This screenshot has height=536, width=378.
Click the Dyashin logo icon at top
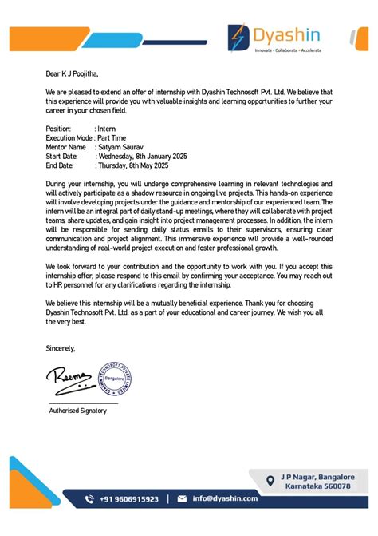tap(238, 36)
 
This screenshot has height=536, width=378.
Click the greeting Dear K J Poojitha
tap(72, 73)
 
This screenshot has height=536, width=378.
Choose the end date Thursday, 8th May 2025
tap(132, 165)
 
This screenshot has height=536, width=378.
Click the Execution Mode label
tap(69, 138)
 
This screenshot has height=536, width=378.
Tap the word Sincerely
tap(61, 348)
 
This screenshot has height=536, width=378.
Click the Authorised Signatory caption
tap(77, 410)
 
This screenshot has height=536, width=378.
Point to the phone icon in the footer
tap(90, 498)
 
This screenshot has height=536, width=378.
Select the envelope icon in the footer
tap(182, 498)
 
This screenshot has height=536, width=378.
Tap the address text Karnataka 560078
tap(317, 485)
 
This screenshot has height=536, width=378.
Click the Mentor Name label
tap(65, 147)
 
